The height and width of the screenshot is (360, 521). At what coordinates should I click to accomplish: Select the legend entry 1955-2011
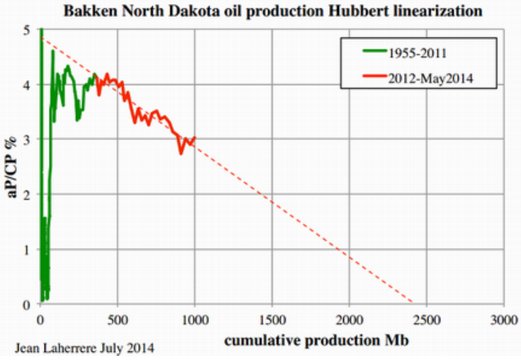(417, 53)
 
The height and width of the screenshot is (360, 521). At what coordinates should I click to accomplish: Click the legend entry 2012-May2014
(430, 78)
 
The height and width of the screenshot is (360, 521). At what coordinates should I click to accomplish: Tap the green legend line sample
(375, 51)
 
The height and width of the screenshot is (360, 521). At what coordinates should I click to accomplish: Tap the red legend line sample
(375, 76)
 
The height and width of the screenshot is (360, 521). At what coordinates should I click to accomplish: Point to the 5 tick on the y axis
(27, 30)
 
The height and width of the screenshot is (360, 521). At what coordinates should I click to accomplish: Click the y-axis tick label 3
(27, 139)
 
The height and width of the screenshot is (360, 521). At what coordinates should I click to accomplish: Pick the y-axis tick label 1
(27, 250)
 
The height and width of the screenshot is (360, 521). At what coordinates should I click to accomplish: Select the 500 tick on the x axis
(118, 320)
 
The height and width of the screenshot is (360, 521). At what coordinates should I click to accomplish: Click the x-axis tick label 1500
(272, 320)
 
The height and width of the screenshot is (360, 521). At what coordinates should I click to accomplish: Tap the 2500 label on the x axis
(426, 320)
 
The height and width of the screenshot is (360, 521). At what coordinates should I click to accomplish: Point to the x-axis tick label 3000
(504, 320)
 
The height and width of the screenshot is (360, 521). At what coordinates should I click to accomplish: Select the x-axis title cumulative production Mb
(316, 340)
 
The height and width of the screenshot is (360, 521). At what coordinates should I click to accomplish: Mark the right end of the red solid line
(195, 137)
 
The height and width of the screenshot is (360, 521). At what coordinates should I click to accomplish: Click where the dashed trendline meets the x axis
(412, 303)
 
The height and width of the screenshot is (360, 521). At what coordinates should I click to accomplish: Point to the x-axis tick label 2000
(350, 320)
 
